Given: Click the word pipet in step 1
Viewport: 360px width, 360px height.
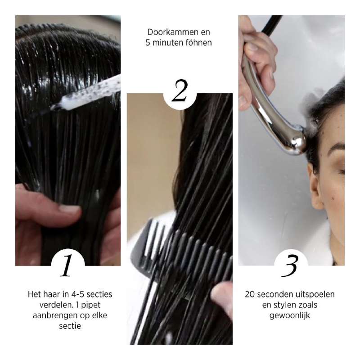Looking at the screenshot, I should point(100,305).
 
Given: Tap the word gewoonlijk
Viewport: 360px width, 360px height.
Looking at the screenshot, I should point(290,316).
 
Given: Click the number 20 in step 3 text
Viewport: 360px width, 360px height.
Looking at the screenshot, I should point(250,294).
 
